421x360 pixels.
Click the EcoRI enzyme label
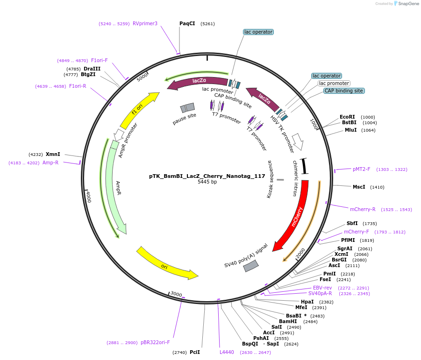tap(347, 117)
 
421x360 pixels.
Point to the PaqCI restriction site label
tap(187, 23)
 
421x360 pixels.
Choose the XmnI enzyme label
tap(53, 154)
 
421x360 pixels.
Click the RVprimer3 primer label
tap(145, 23)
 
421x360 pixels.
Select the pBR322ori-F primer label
tap(155, 342)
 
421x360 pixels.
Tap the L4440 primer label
tap(227, 352)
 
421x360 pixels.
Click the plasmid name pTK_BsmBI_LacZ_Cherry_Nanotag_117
tap(207, 176)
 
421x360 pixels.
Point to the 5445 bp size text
tap(207, 182)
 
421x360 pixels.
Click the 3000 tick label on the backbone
tap(176, 294)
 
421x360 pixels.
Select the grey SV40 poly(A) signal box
tap(251, 266)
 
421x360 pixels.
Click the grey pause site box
tap(187, 108)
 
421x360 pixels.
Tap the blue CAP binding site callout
tap(344, 91)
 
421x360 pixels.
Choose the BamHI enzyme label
tap(288, 321)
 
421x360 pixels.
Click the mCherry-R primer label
tap(363, 209)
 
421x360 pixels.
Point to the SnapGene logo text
tap(408, 3)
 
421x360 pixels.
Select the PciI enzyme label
tap(195, 352)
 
